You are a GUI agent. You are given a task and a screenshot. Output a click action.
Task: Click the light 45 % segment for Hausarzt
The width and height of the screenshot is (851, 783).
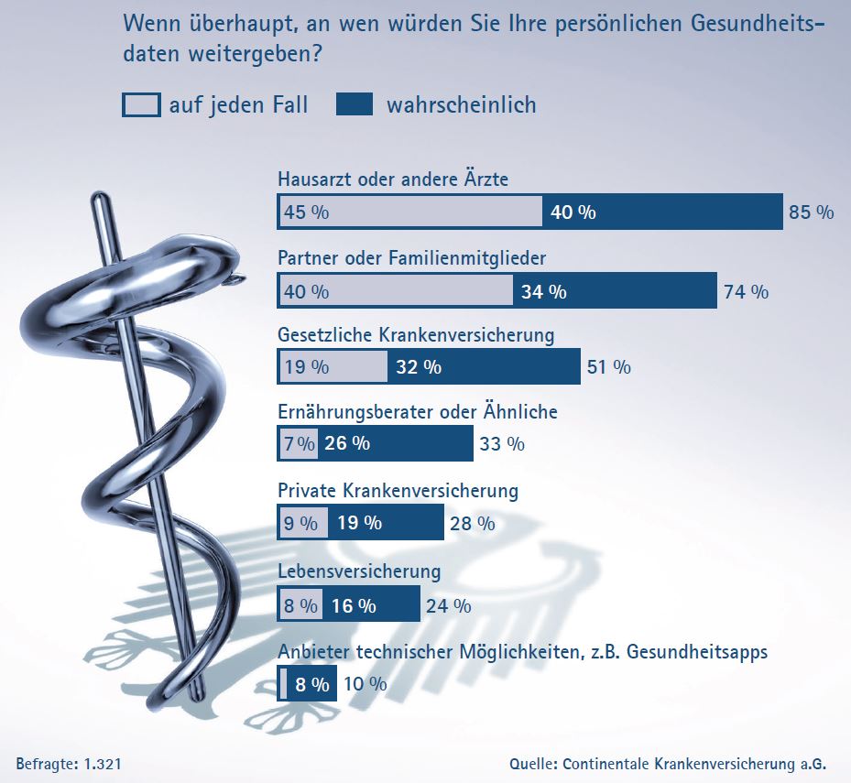409,212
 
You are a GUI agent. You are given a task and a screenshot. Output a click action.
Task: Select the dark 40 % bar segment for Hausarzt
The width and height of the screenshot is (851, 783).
662,212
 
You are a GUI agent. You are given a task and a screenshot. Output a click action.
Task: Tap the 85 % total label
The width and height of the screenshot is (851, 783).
811,212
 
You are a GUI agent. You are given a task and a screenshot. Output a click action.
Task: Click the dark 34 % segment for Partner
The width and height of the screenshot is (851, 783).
615,291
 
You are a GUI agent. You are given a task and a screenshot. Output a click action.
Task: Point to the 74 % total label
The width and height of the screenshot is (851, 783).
746,292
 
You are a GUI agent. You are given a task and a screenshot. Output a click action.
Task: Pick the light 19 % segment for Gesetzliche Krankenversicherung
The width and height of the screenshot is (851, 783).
333,366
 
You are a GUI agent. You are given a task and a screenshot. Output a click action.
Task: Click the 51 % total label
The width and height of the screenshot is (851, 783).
607,367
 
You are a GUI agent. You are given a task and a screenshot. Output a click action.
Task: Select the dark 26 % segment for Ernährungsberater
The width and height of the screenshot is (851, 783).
396,444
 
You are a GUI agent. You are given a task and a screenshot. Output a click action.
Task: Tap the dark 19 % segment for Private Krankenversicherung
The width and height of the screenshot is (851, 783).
386,524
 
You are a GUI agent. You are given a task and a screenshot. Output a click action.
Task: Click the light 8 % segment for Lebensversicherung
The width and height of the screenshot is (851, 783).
300,605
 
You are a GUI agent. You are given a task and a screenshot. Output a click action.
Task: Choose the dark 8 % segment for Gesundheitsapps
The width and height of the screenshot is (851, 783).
311,684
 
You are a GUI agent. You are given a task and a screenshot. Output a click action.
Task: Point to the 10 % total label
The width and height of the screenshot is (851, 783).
365,684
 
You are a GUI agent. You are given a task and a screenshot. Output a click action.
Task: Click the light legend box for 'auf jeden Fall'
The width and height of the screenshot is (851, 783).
141,105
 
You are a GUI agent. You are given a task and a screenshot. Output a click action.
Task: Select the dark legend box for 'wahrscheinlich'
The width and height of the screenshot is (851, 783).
355,105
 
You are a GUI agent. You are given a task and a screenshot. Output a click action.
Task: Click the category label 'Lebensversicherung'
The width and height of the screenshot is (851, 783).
359,571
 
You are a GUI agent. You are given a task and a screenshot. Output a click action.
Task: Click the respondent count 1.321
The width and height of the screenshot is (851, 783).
103,763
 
